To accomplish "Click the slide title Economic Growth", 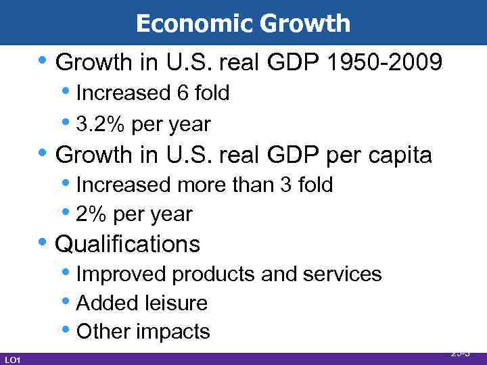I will (243, 24).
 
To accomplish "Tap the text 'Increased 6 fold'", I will (153, 93).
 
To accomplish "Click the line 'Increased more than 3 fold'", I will (204, 185).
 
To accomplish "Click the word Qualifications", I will (128, 243).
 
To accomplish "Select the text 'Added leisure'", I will (142, 303).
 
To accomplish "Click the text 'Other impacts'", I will (143, 332).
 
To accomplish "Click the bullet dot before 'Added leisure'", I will (69, 301).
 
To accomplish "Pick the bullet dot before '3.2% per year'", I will (69, 123).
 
